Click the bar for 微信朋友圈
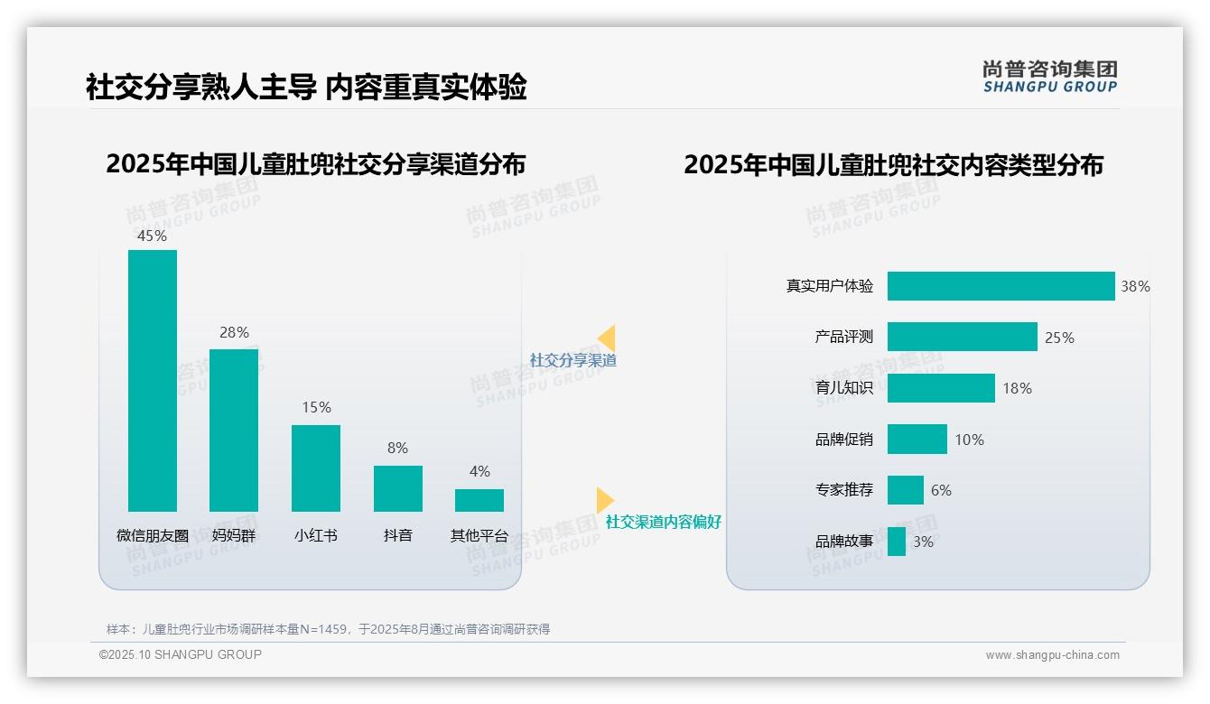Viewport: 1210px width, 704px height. pyautogui.click(x=152, y=380)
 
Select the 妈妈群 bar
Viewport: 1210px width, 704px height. pyautogui.click(x=234, y=430)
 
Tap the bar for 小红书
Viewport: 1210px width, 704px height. pyautogui.click(x=316, y=468)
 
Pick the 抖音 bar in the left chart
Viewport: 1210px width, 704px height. pyautogui.click(x=397, y=488)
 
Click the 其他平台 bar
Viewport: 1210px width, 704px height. pyautogui.click(x=479, y=500)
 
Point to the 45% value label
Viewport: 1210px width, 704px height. pyautogui.click(x=152, y=236)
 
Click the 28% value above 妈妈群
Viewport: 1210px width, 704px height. pyautogui.click(x=234, y=332)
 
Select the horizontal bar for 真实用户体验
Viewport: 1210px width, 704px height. pyautogui.click(x=1001, y=286)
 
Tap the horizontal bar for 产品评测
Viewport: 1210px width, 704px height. pyautogui.click(x=962, y=337)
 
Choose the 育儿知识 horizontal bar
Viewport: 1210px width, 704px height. pyautogui.click(x=941, y=388)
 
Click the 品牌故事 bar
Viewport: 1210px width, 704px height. pyautogui.click(x=897, y=542)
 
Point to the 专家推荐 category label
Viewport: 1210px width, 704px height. pyautogui.click(x=844, y=491)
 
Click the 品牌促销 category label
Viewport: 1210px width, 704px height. pyautogui.click(x=844, y=440)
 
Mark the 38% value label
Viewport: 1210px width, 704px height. pyautogui.click(x=1135, y=286)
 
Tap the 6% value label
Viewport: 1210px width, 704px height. pyautogui.click(x=941, y=491)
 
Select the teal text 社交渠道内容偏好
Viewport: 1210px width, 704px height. pyautogui.click(x=664, y=523)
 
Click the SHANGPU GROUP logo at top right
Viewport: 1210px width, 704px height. pyautogui.click(x=1049, y=77)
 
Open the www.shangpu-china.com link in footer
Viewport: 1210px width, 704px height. pyautogui.click(x=1052, y=655)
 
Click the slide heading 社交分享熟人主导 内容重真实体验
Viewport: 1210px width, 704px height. pyautogui.click(x=306, y=88)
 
